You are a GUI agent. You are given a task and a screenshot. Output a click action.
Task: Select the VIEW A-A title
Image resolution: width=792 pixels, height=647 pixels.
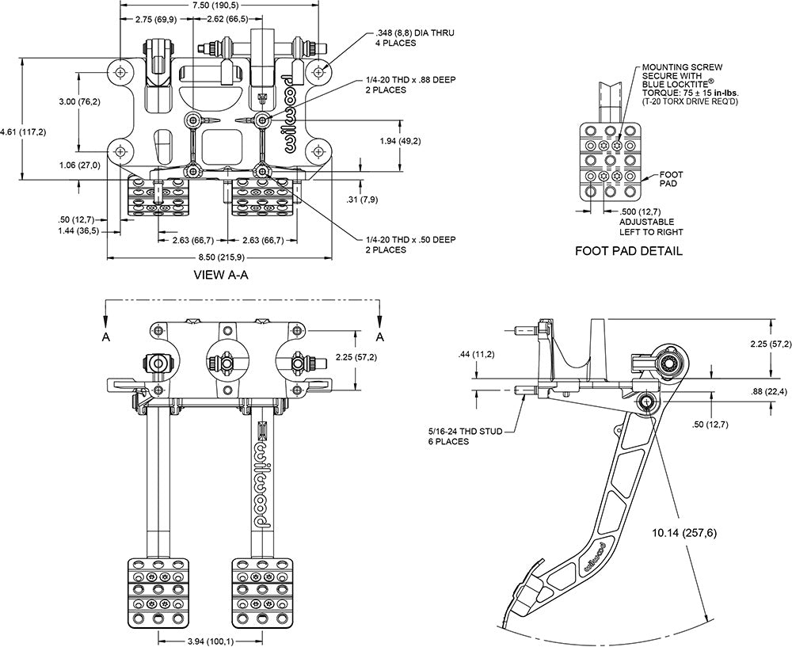click(222, 276)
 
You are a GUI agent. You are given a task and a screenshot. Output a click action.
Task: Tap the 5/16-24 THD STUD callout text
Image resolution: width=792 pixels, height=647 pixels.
click(458, 436)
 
